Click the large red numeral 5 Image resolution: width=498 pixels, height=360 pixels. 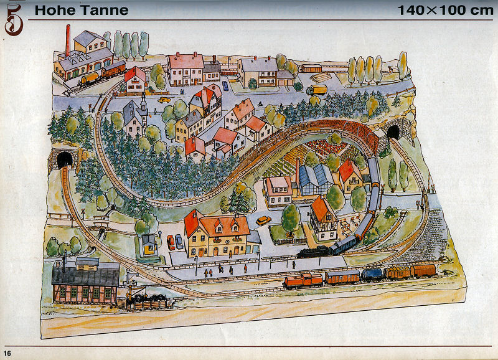[14, 19]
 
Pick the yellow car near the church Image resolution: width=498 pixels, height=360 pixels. [164, 99]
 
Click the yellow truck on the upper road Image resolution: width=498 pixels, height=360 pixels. [316, 89]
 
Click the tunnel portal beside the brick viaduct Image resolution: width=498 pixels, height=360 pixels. [393, 133]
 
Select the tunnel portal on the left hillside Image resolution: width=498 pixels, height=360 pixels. [64, 159]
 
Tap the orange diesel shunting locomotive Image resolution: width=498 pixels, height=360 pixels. [303, 281]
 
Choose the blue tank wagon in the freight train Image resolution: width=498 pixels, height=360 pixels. [372, 274]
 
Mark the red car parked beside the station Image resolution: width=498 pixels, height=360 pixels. [171, 242]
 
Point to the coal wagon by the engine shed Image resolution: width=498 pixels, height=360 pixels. [148, 303]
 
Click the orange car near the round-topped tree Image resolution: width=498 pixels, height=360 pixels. [263, 220]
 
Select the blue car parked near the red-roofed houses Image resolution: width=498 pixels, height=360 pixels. [180, 241]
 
